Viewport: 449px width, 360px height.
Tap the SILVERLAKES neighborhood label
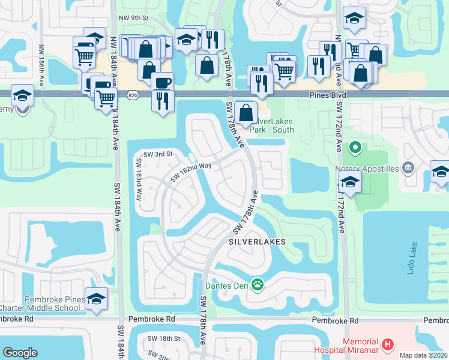(255, 241)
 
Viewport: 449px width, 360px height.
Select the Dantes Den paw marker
(258, 284)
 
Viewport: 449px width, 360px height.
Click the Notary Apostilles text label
(367, 169)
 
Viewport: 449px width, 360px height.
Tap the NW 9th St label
(133, 19)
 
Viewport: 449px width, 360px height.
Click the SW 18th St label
(164, 339)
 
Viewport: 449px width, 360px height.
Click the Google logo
(20, 353)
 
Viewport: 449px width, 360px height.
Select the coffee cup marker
(161, 82)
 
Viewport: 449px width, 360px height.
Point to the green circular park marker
(355, 146)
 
